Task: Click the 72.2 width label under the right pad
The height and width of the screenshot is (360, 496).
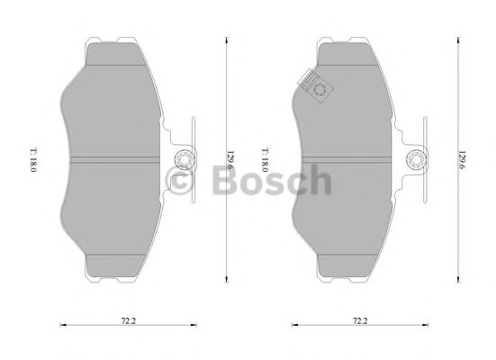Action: [x=360, y=319]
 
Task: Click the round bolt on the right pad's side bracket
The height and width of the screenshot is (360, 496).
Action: [x=417, y=160]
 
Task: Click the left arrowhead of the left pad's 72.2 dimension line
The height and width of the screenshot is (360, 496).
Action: [x=59, y=325]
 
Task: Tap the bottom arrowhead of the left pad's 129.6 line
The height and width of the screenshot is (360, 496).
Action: [x=224, y=282]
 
